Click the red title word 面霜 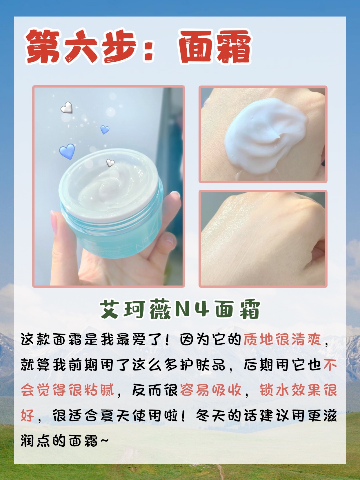pos(215,47)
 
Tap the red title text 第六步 pos(80,47)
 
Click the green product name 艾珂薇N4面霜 pos(180,310)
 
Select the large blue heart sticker pos(67,151)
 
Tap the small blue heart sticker pos(105,130)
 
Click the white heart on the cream pos(110,163)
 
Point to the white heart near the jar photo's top pos(67,108)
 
